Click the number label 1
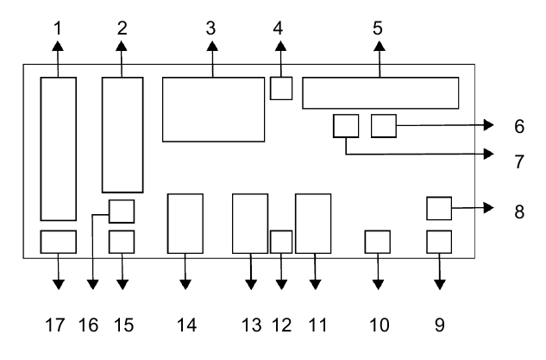point(58,28)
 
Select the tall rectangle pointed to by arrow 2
point(122,135)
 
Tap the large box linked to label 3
point(213,109)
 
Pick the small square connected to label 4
point(281,88)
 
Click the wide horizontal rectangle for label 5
point(380,93)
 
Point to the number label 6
point(518,126)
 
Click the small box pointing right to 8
point(440,208)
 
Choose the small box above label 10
point(378,242)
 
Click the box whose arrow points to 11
point(313,224)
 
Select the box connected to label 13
point(250,224)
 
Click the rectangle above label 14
point(185,224)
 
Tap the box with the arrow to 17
point(59,242)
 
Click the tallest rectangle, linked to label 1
point(59,148)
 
